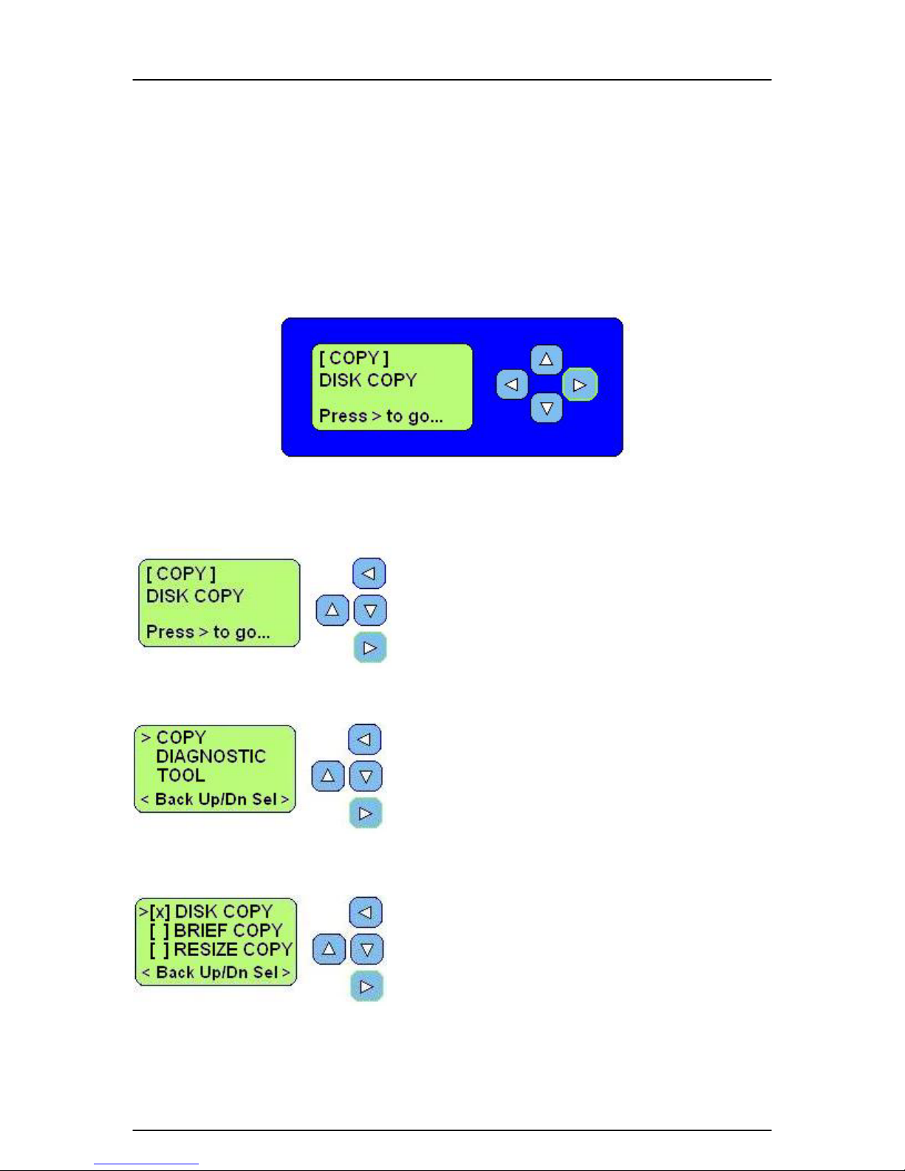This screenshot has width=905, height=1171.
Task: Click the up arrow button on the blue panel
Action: pos(546,359)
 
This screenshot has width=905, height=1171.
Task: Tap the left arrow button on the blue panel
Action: pos(512,384)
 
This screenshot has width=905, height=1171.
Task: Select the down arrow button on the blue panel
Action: pos(546,408)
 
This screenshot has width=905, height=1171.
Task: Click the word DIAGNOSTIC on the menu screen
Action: pos(211,757)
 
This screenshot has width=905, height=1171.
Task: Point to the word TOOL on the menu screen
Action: pos(180,776)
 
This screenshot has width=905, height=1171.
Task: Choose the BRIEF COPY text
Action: pos(228,930)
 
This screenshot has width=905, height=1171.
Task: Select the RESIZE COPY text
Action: pos(233,949)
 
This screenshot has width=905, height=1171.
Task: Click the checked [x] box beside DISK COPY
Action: pos(160,912)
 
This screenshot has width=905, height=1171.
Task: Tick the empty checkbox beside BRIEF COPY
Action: pos(160,931)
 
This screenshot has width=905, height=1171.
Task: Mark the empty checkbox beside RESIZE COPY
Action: pos(160,949)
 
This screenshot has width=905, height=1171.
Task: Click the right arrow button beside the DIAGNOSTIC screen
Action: pos(366,813)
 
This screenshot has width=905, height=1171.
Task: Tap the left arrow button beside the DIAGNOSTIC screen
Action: pos(365,740)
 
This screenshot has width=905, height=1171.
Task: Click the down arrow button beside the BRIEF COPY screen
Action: pos(367,949)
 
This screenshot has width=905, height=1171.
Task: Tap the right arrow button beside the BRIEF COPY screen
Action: pos(367,986)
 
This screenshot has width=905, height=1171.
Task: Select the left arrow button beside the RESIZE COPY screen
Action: pos(366,912)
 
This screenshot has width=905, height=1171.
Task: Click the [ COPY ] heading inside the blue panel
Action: pos(354,358)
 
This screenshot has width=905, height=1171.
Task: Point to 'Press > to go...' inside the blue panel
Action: pos(381,415)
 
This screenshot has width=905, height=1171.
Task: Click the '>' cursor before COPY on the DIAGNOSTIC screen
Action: pos(146,737)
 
